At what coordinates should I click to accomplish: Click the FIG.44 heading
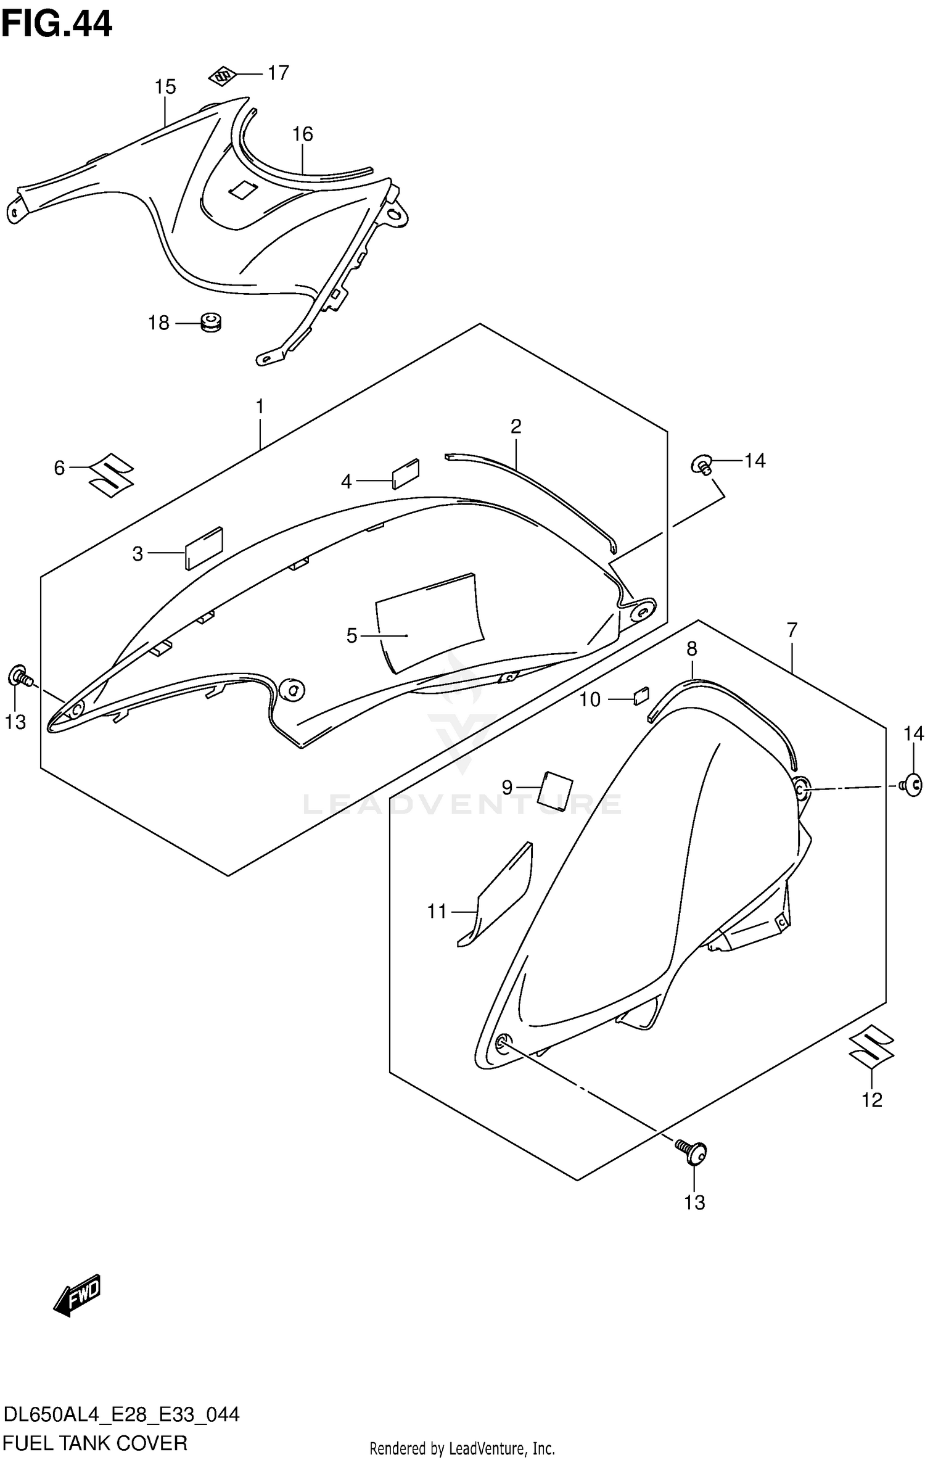(x=57, y=25)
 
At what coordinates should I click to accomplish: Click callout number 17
(x=278, y=73)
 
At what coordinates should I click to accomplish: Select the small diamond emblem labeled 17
(x=223, y=75)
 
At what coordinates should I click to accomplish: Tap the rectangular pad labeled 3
(x=203, y=547)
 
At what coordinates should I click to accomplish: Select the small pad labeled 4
(x=406, y=473)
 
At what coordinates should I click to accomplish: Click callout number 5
(x=351, y=635)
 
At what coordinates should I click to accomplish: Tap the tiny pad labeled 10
(x=641, y=696)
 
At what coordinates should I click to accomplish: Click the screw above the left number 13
(x=20, y=677)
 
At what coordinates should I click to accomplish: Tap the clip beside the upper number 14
(x=704, y=463)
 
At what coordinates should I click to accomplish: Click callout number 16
(x=303, y=134)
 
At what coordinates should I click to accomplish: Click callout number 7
(x=792, y=630)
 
